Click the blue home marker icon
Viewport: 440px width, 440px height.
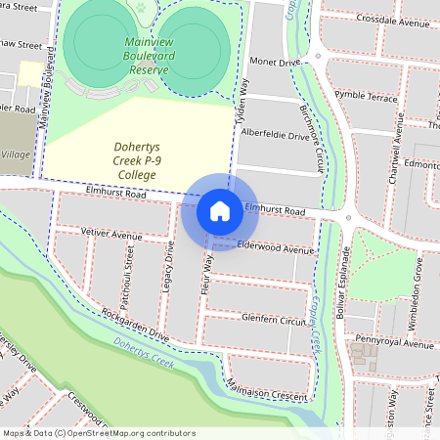click(x=220, y=210)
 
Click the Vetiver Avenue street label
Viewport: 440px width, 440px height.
click(x=106, y=236)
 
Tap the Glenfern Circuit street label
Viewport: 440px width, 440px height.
click(x=273, y=320)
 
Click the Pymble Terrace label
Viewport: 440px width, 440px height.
click(x=366, y=98)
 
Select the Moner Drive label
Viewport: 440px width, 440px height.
click(x=275, y=63)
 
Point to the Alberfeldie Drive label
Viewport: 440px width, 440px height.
click(x=275, y=135)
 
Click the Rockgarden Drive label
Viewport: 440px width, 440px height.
click(x=134, y=325)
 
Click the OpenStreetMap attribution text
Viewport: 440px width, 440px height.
click(x=98, y=433)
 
